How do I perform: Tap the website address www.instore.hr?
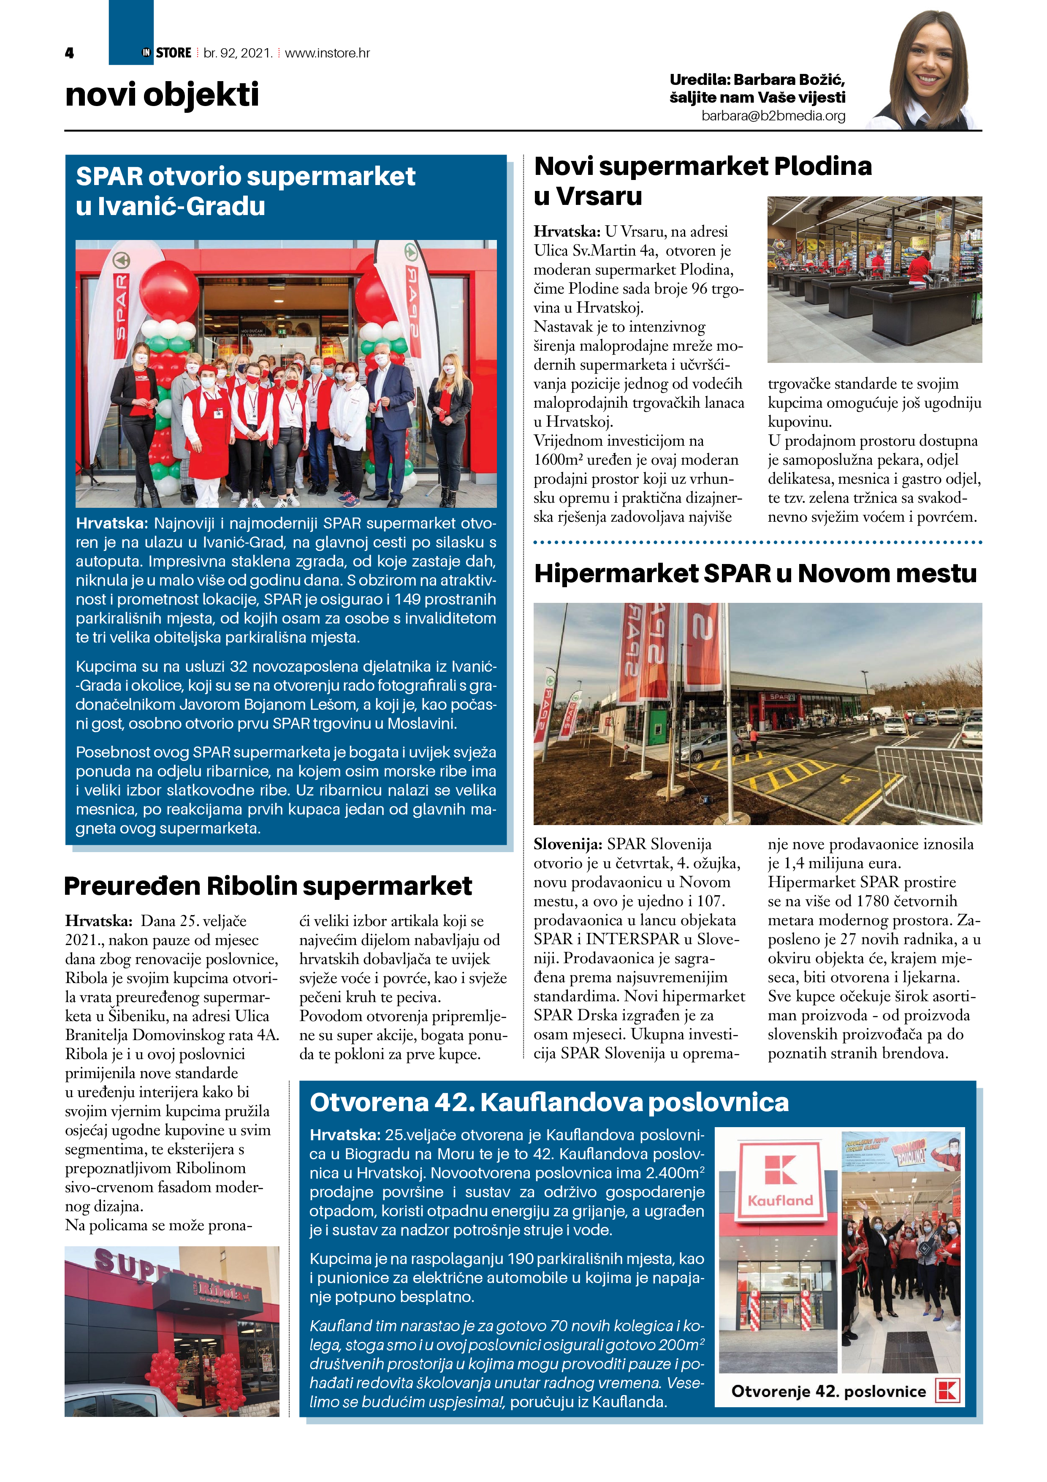coord(327,53)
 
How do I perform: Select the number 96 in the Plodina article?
coord(699,289)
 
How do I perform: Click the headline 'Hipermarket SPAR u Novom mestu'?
coord(755,573)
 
